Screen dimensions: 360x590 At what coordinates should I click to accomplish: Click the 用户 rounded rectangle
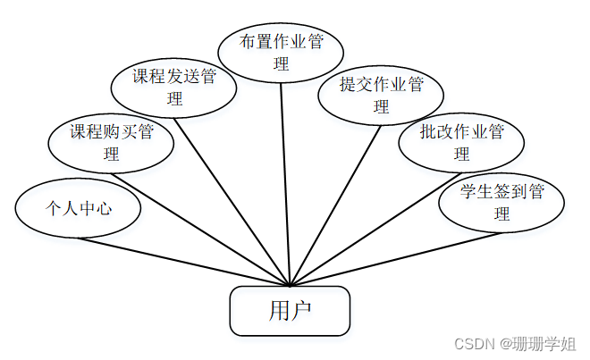click(x=290, y=310)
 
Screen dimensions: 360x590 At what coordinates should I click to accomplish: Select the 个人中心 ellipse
click(x=79, y=209)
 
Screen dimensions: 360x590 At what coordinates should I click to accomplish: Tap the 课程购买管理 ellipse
click(x=112, y=143)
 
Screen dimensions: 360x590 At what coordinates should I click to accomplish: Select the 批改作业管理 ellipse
click(x=461, y=143)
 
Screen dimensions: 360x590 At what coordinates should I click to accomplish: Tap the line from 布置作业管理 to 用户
click(x=285, y=179)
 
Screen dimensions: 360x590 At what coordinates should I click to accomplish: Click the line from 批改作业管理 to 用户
click(x=375, y=223)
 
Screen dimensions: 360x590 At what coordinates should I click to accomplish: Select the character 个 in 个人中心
click(x=52, y=209)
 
